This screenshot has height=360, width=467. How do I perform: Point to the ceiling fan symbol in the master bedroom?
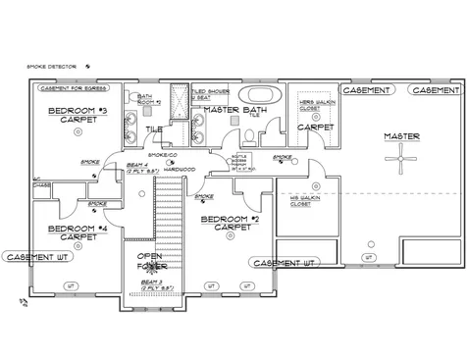point(402,159)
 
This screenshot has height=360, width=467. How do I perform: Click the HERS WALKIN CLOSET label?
point(314,103)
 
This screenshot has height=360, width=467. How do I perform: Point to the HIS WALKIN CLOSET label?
point(307,199)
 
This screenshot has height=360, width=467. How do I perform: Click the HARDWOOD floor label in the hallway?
point(181,169)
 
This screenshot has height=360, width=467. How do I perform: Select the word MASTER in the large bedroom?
point(402,135)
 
